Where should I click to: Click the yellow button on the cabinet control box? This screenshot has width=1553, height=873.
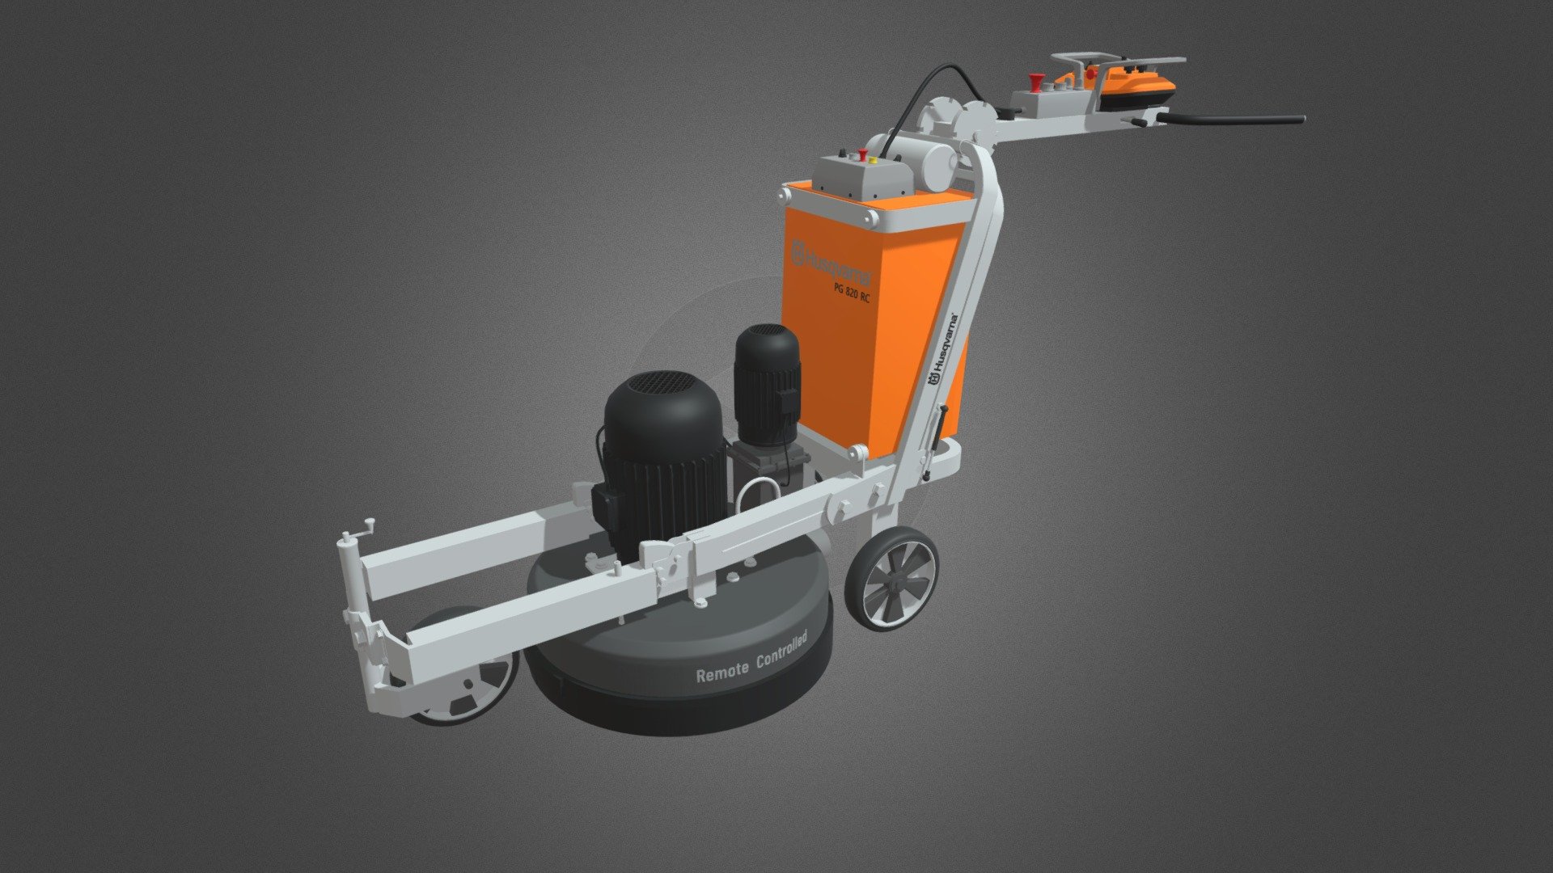[x=873, y=160]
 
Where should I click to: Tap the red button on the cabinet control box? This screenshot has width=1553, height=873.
[x=862, y=151]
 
